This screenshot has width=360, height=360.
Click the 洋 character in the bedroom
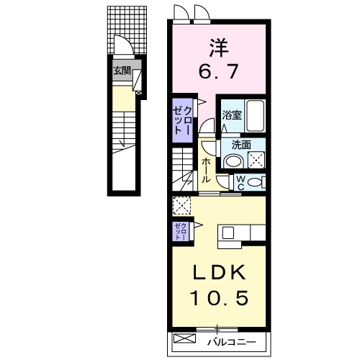[219, 48]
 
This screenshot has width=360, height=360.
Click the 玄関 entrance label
[122, 71]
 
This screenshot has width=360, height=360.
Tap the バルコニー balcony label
[230, 339]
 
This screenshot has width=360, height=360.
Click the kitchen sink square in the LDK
[229, 233]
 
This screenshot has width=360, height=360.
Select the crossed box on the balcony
[184, 338]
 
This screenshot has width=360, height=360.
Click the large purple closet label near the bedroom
[183, 118]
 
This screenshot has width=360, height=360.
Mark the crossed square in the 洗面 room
[256, 158]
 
